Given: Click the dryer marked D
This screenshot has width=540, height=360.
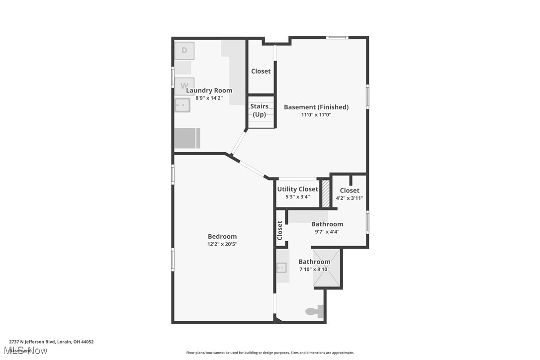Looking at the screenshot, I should coord(184,51).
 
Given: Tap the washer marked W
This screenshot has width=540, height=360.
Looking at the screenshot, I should coord(184,86).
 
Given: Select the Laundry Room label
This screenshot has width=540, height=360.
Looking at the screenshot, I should coord(209,90).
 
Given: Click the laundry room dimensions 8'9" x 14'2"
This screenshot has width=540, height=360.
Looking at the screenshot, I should coord(209,98).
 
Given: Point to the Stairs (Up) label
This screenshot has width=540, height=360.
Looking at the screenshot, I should coord(259,110).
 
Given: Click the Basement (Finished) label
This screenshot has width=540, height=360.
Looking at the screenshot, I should coord(316,107).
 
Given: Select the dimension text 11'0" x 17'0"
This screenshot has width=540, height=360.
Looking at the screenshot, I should coord(316,115).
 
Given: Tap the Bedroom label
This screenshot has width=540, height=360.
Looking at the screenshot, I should coord(222,236).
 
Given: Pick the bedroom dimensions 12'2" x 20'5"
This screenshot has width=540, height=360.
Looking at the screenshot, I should coord(222,244).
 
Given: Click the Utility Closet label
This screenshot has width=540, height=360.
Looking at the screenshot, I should coord(297,189).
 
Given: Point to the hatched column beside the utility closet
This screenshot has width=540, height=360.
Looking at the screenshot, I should coord(326,193).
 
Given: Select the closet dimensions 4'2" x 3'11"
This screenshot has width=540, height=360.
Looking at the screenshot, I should coord(350,198).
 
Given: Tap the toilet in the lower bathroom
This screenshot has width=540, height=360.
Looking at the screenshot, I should coord(314,312).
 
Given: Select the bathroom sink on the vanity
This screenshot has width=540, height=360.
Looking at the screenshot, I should coord(281,268).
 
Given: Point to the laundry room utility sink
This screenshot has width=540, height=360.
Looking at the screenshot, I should coord(182,105).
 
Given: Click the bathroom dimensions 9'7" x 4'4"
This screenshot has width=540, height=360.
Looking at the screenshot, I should coord(327,231).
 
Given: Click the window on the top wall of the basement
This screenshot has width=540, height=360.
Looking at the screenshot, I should coord(337,37).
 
